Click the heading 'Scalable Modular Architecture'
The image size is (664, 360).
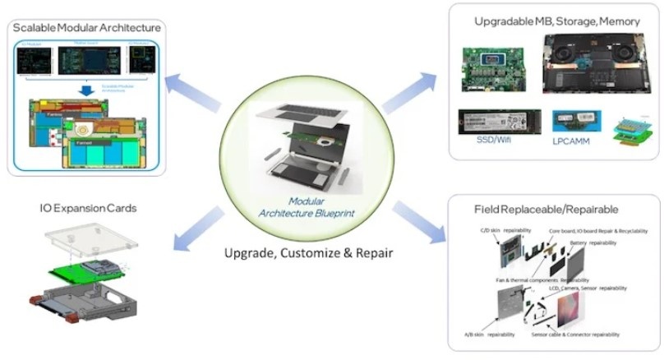click(86, 27)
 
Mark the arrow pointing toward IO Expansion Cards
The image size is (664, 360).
click(198, 228)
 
